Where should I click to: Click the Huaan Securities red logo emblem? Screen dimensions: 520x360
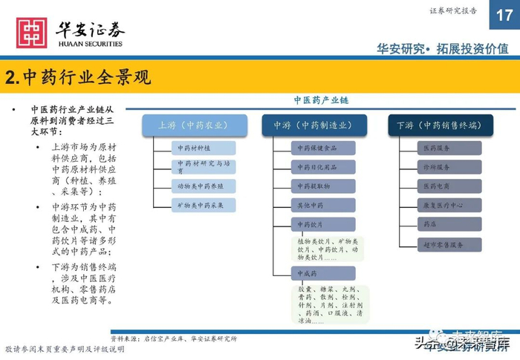[31, 33]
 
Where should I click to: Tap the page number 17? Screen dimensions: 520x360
[504, 14]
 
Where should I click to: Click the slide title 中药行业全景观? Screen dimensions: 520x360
[77, 77]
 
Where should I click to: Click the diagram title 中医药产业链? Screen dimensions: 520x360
[321, 100]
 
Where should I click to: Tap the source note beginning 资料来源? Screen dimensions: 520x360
[174, 338]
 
